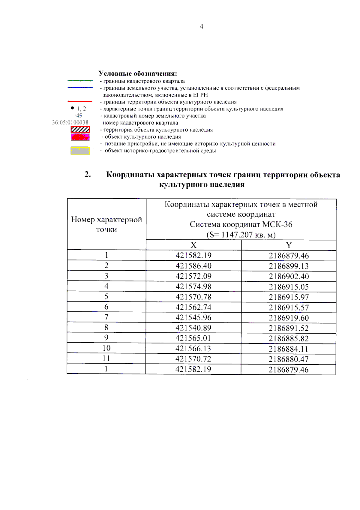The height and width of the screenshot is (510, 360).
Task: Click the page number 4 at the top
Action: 201,26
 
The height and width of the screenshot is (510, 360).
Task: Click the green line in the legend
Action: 80,81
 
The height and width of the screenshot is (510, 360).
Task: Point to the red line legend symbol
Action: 80,101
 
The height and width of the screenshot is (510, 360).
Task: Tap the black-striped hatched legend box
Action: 80,129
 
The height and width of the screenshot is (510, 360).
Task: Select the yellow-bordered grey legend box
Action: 80,151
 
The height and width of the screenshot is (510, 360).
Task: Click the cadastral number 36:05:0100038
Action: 70,122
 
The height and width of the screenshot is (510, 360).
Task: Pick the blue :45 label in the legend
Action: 78,115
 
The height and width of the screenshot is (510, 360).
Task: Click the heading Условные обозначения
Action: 138,73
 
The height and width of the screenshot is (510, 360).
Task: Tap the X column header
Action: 193,245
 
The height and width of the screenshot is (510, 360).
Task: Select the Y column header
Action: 289,245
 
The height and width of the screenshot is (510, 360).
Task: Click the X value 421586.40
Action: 193,266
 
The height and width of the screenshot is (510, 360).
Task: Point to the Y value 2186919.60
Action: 289,318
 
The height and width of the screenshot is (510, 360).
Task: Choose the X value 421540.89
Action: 193,328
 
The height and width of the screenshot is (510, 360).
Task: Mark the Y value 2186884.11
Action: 289,349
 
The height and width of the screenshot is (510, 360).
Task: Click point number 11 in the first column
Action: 106,358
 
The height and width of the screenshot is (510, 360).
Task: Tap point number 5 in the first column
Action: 106,297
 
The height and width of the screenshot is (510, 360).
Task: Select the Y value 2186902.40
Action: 289,276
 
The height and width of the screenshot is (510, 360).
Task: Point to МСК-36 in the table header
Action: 277,224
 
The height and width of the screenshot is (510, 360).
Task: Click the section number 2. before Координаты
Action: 88,174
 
